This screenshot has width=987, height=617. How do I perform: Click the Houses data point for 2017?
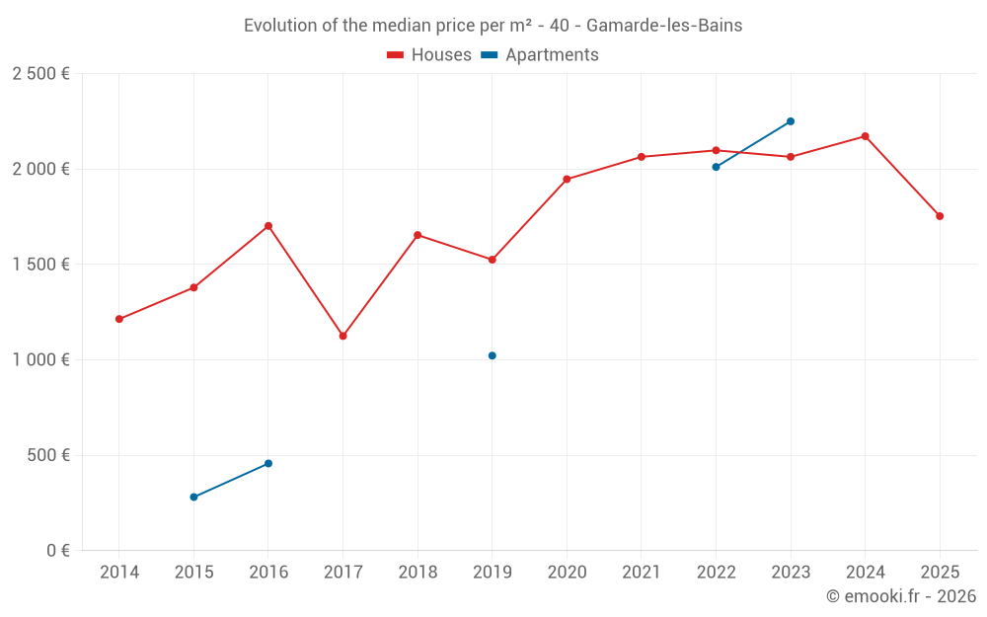(342, 336)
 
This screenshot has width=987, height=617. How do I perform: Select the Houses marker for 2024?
(865, 136)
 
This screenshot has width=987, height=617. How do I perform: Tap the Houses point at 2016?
(268, 226)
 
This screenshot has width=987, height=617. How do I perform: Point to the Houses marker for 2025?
(940, 216)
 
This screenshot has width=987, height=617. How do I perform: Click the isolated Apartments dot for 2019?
(493, 355)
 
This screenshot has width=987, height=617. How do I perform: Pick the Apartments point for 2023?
(791, 121)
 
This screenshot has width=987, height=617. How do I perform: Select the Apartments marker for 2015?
(193, 497)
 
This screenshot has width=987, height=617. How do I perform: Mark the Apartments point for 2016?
(268, 463)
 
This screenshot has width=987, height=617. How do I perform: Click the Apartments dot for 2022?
(716, 167)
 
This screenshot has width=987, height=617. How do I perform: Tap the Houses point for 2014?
(119, 319)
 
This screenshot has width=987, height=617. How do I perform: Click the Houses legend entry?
(429, 55)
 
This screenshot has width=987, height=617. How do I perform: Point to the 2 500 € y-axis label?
(40, 74)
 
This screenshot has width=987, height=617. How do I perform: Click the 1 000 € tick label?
(40, 360)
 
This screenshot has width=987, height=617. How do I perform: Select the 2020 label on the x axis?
(567, 572)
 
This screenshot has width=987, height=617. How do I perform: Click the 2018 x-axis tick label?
(418, 572)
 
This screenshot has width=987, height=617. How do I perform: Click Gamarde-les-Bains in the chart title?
(663, 26)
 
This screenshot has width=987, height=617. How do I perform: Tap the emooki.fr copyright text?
(900, 596)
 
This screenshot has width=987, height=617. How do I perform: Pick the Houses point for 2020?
(567, 179)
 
